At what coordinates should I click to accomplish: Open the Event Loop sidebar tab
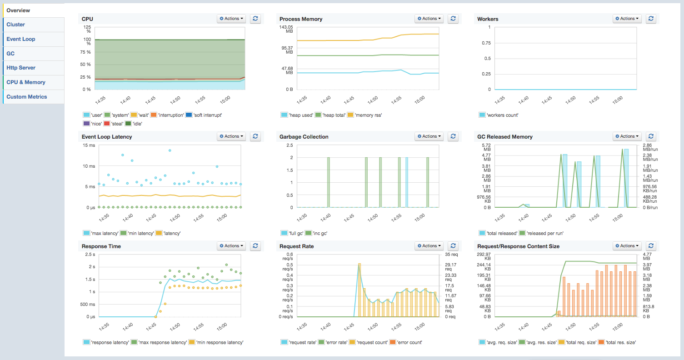[x=21, y=39]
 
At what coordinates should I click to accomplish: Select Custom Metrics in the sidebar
[x=26, y=97]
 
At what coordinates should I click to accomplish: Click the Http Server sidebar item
[x=21, y=68]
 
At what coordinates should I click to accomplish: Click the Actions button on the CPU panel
[x=231, y=19]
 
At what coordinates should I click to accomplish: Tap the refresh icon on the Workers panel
[x=651, y=19]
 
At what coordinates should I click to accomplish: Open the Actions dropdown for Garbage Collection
[x=429, y=136]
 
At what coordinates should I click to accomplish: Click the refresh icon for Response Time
[x=255, y=246]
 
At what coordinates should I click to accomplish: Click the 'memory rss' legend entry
[x=365, y=115]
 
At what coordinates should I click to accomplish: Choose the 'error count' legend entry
[x=406, y=343]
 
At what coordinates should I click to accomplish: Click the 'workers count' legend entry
[x=499, y=115]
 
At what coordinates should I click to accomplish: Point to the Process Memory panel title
[x=301, y=19]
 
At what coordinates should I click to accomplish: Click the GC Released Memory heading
[x=505, y=137]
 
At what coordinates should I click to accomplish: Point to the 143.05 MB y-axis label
[x=286, y=29]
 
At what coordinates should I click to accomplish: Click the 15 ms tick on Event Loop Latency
[x=89, y=145]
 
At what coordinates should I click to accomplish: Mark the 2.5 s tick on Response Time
[x=90, y=255]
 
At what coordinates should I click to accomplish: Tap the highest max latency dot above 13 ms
[x=170, y=150]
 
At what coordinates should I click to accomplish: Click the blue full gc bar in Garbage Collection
[x=407, y=182]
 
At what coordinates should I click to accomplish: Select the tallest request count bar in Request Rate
[x=359, y=290]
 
